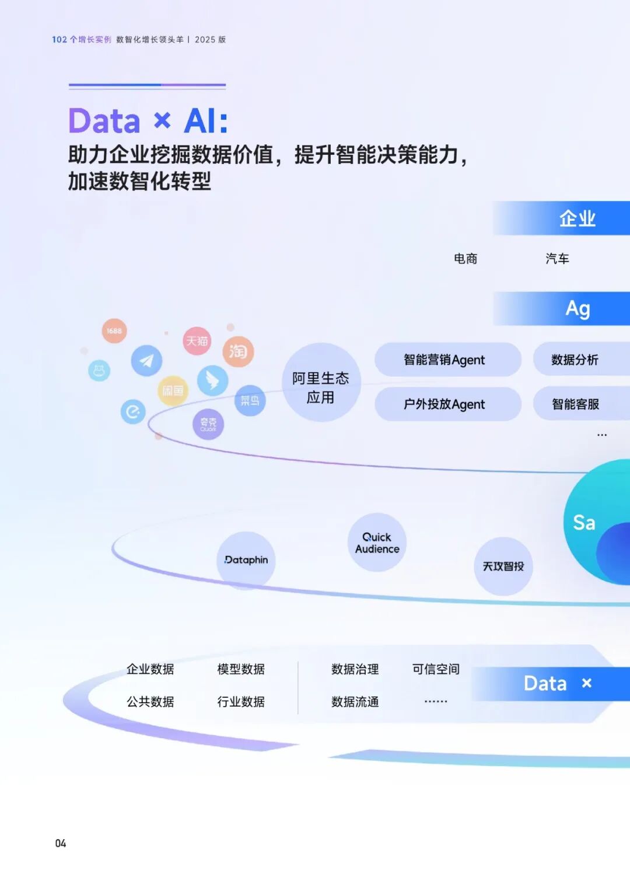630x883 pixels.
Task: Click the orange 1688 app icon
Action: click(x=114, y=331)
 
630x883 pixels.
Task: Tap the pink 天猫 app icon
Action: click(x=197, y=341)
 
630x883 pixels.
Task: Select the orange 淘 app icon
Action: click(x=238, y=352)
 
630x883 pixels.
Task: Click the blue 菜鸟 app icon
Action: click(x=250, y=401)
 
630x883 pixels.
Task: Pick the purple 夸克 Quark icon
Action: click(x=208, y=425)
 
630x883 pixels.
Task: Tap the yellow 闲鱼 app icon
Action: click(x=173, y=391)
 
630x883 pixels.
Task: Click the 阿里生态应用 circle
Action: click(x=321, y=383)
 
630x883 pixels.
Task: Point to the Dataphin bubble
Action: click(x=246, y=560)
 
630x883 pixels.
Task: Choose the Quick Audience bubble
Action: click(x=377, y=543)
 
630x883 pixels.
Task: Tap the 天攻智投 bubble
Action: click(x=503, y=566)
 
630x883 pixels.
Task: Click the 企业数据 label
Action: click(x=150, y=669)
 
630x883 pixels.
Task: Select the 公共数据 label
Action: click(x=150, y=702)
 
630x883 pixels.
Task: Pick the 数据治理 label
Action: click(x=355, y=669)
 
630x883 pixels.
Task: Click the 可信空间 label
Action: click(x=436, y=669)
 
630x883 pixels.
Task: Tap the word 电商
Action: click(x=466, y=259)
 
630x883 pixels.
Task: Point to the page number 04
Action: click(x=61, y=843)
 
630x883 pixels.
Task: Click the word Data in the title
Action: click(x=104, y=121)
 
